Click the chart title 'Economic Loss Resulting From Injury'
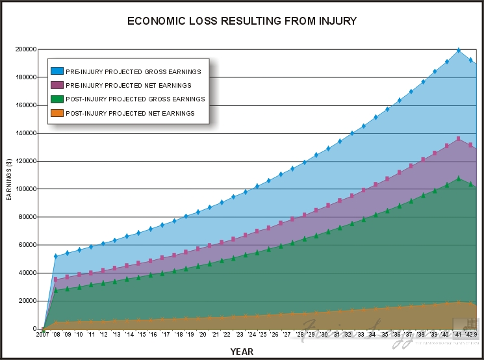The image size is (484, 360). pos(242,21)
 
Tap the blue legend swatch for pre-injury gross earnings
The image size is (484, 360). pos(57,71)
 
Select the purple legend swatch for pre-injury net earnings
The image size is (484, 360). pos(57,85)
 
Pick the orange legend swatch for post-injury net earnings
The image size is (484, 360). pos(57,113)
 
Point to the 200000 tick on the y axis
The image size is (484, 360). pos(25,49)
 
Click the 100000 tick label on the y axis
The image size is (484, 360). pos(25,189)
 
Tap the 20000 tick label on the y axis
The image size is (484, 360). pos(27,301)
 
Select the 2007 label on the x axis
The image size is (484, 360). pos(43,335)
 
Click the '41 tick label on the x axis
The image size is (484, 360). pos(459,335)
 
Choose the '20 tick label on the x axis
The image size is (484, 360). pos(202,335)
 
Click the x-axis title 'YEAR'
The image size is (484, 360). pos(242,352)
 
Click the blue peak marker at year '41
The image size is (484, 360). pos(459,50)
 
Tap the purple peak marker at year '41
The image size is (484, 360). pos(459,138)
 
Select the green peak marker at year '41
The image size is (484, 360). pos(459,178)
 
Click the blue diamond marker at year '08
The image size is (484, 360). pos(55,256)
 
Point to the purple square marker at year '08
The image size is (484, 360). pos(55,279)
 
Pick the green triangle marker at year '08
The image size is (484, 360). pos(55,290)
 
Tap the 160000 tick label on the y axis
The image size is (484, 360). pos(25,105)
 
